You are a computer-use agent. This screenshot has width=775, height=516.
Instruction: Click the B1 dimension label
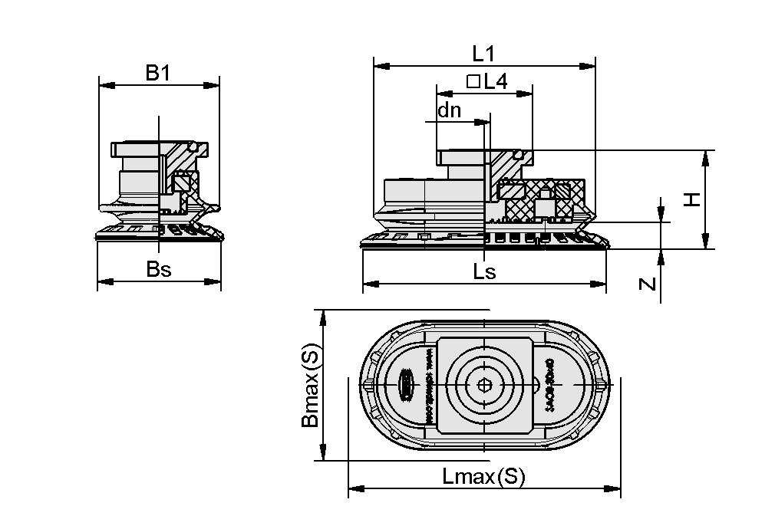(x=157, y=73)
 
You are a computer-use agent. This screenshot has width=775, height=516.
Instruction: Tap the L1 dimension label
(x=483, y=54)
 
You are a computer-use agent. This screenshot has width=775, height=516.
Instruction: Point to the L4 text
(x=496, y=81)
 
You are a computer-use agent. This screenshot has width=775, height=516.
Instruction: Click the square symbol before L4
(x=473, y=81)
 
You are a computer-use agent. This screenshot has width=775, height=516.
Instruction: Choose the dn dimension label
(x=449, y=110)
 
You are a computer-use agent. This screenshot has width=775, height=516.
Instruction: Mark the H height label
(x=692, y=199)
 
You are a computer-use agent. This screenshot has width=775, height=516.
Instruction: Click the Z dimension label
(x=648, y=284)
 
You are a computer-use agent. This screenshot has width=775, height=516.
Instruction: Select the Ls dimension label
(x=484, y=271)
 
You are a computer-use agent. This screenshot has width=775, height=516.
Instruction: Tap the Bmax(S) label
(x=309, y=385)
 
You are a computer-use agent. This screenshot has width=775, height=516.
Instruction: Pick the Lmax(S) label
(x=483, y=477)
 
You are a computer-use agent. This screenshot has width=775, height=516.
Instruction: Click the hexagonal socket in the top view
(x=483, y=386)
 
